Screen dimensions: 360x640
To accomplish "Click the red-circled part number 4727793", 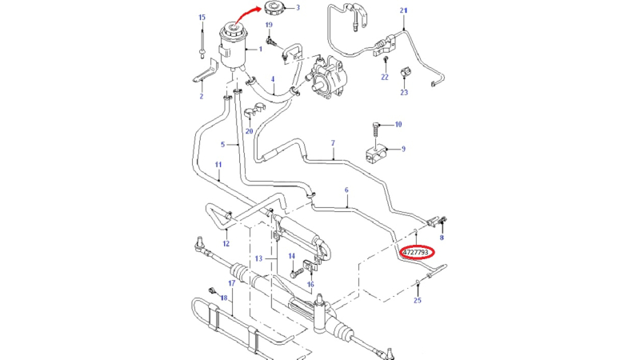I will [417, 252].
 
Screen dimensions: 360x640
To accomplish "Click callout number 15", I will [202, 17].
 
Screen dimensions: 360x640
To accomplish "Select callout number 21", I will [404, 10].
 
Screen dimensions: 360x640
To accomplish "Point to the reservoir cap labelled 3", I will [271, 9].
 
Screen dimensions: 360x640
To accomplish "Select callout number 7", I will [332, 144].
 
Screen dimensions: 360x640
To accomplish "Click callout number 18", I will [225, 298].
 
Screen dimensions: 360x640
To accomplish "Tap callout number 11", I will [218, 165].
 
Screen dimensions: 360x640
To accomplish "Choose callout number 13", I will [258, 258].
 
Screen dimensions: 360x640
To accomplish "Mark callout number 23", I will [404, 93].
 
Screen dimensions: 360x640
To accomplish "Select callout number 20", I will [249, 131].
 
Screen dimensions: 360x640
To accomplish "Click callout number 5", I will [223, 145].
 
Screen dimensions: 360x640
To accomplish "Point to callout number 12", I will [226, 243].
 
